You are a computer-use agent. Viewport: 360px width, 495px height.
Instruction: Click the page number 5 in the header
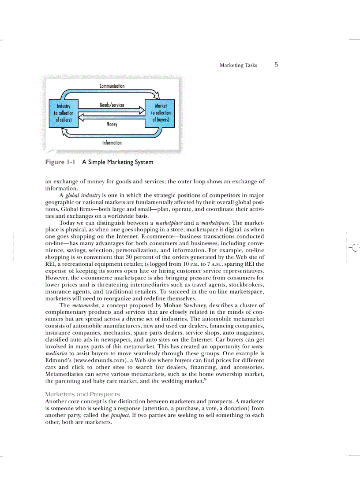coord(276,65)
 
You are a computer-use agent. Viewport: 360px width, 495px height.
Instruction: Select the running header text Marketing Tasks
coord(238,65)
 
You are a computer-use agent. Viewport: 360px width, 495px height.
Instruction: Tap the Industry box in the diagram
coord(63,113)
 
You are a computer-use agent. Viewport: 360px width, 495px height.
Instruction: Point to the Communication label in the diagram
coord(112,86)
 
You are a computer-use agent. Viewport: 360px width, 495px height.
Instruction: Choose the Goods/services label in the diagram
coord(112,105)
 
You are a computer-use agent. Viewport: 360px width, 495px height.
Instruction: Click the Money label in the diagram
coord(112,124)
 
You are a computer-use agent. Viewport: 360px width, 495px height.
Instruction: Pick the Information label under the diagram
coord(112,143)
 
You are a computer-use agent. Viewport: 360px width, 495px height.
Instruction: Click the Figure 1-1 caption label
coord(60,162)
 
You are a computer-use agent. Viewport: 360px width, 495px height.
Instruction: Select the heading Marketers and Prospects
coord(82,394)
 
